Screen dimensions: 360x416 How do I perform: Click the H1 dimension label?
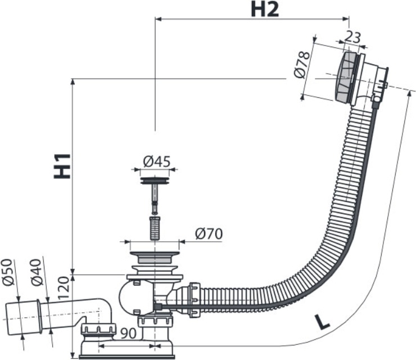pyautogui.click(x=62, y=165)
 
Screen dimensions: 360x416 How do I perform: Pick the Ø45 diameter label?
pyautogui.click(x=156, y=161)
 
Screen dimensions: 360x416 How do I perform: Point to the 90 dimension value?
pyautogui.click(x=129, y=333)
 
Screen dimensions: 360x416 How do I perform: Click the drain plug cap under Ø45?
pyautogui.click(x=155, y=181)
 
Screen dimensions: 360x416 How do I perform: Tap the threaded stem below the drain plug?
pyautogui.click(x=154, y=227)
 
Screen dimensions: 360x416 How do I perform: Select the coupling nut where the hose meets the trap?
pyautogui.click(x=194, y=298)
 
